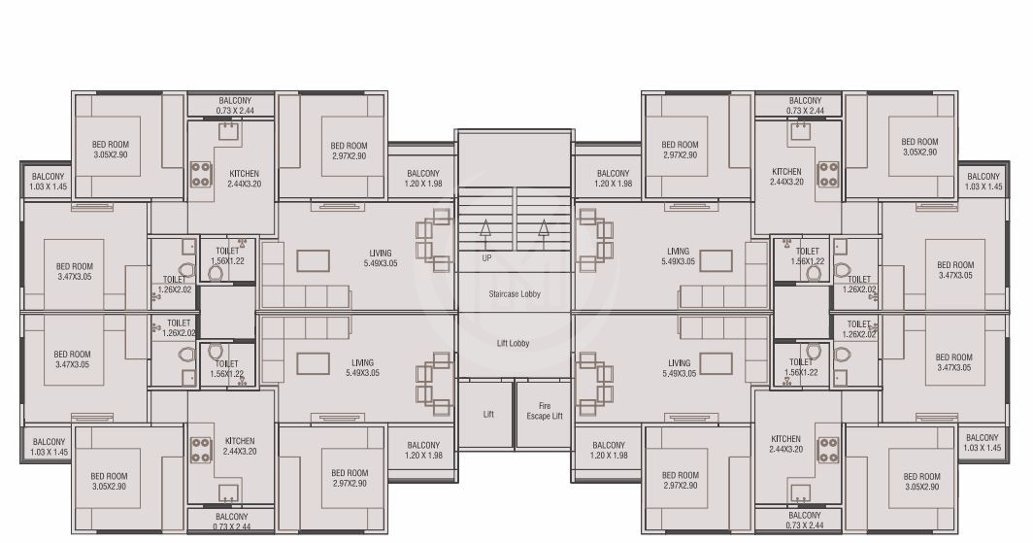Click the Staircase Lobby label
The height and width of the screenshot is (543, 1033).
tap(515, 293)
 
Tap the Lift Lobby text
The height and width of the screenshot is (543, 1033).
tap(515, 343)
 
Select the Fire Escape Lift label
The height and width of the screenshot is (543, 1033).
tap(544, 412)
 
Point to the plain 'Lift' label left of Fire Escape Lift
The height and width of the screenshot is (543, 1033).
tap(488, 414)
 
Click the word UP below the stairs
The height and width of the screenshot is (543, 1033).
tap(486, 258)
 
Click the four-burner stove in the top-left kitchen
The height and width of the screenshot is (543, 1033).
tap(202, 174)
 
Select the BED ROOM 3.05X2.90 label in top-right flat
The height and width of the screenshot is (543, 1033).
tap(919, 148)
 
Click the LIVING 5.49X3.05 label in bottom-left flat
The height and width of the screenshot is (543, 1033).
tap(361, 368)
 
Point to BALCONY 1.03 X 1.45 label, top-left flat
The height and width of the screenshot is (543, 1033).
tap(47, 182)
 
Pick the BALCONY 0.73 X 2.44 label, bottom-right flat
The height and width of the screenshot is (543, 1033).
tap(804, 521)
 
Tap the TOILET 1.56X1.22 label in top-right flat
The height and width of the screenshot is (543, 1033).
tap(808, 256)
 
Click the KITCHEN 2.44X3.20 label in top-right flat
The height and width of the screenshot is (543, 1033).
tap(786, 178)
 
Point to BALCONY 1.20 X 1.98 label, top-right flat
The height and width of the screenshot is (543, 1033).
tap(613, 179)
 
